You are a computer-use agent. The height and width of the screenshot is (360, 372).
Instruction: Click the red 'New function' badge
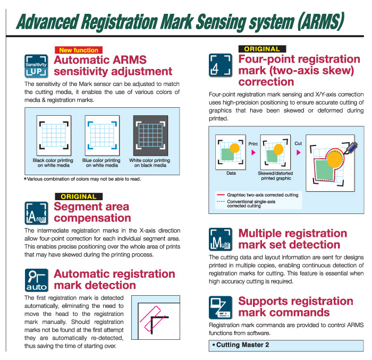79,50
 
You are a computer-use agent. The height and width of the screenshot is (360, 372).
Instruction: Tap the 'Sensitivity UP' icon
36,66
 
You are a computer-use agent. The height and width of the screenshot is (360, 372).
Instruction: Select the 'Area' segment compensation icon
36,213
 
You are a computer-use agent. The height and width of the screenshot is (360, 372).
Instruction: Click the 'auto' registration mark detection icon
37,280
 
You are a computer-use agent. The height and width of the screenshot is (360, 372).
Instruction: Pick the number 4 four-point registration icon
221,65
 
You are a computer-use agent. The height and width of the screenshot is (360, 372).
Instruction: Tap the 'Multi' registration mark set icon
221,239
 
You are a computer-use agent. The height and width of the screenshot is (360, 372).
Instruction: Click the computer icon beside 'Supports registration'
221,307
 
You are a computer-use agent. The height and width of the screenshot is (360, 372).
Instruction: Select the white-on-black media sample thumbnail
150,135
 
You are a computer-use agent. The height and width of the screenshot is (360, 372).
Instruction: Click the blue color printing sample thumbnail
102,135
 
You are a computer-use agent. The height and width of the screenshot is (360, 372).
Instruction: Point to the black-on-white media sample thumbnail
54,135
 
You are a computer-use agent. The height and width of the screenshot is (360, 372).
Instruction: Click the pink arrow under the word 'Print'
253,152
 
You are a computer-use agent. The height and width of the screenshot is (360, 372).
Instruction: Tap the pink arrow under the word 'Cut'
299,152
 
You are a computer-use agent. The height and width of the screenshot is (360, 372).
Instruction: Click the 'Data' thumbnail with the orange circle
230,152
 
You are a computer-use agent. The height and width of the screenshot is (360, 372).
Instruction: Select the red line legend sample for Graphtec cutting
221,195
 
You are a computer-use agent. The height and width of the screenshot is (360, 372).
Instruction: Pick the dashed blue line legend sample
221,202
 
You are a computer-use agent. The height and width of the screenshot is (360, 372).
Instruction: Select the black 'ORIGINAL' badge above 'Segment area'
79,196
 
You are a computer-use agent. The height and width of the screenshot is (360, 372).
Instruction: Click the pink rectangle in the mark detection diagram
153,319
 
